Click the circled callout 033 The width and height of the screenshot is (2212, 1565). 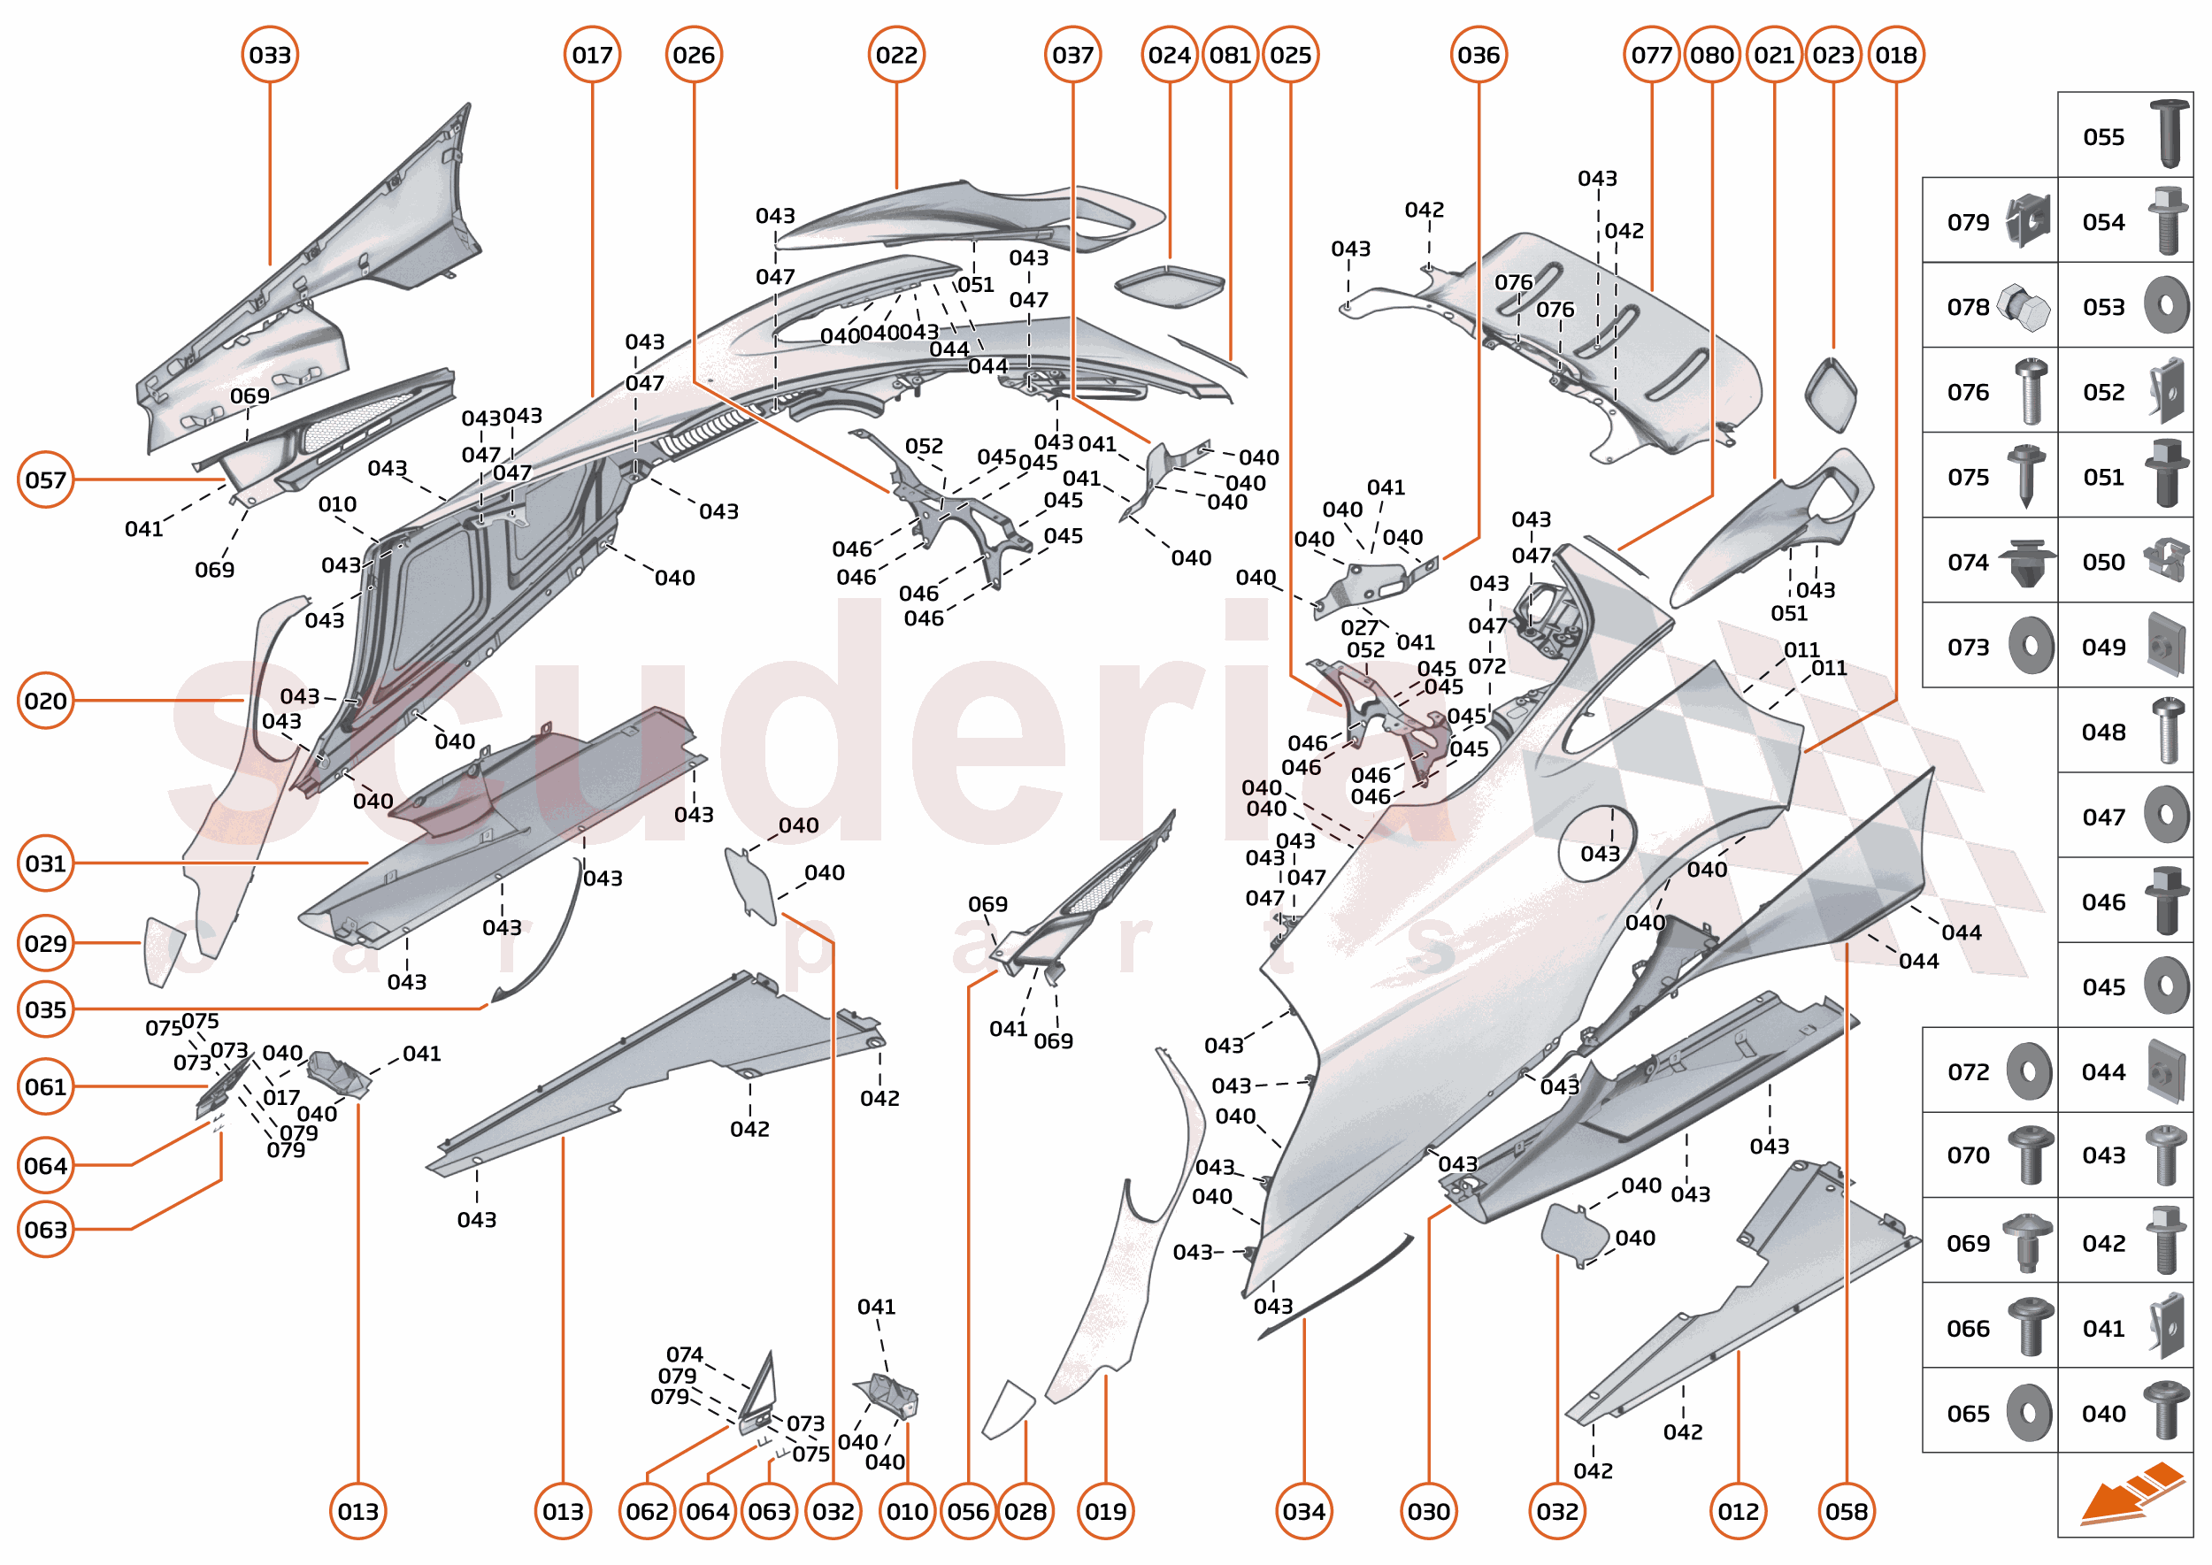[x=270, y=55]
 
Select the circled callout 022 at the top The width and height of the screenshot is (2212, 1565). [x=896, y=55]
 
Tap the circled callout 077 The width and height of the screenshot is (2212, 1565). [x=1651, y=55]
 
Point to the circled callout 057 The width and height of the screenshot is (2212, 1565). [x=45, y=479]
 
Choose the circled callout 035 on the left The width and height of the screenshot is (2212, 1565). [x=45, y=1010]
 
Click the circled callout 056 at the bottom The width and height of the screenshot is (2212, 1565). [x=968, y=1511]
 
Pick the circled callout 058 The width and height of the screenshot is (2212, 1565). [x=1847, y=1511]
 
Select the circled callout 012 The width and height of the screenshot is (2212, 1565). [x=1739, y=1511]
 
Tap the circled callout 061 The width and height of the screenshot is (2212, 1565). [x=45, y=1087]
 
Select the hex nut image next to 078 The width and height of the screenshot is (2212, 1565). [x=2024, y=307]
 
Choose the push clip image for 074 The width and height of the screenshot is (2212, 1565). [x=2027, y=563]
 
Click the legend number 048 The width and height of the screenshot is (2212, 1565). [x=2103, y=733]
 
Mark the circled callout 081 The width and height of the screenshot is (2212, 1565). [x=1230, y=55]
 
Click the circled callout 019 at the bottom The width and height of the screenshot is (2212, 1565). [x=1105, y=1511]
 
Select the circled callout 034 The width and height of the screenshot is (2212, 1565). [x=1304, y=1511]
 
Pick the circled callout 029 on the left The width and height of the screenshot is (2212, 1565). [x=45, y=943]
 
